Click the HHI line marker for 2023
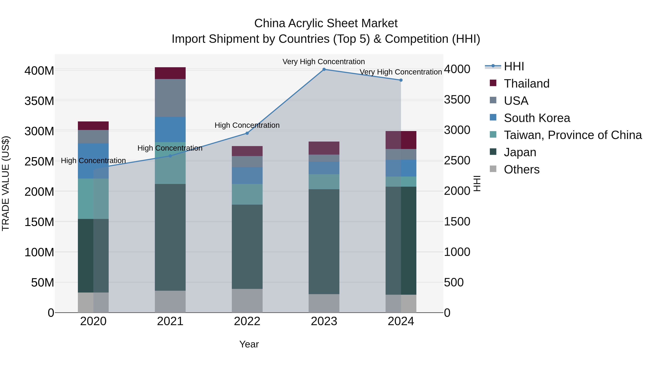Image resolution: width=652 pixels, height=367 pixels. pos(324,69)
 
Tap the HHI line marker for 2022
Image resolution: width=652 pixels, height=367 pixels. pos(247,133)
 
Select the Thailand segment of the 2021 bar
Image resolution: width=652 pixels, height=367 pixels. pos(170,73)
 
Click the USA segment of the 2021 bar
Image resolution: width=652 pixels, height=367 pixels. pos(170,98)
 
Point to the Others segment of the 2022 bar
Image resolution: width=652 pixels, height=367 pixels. pos(247,301)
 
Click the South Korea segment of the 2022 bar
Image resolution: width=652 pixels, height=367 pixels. pos(247,175)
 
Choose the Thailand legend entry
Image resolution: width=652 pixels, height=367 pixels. pos(526,84)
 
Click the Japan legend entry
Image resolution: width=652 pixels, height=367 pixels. pos(520,152)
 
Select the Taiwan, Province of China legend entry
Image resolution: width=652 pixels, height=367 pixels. pos(572,135)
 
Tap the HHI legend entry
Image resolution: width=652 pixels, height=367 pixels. pos(514,66)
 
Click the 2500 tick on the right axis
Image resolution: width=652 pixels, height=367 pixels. pos(457,161)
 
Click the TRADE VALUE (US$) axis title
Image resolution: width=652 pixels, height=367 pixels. pos(6,183)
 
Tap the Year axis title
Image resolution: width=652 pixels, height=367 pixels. pos(249,344)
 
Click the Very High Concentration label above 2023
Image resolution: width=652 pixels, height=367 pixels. pos(323,62)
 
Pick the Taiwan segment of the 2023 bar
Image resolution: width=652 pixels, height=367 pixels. pos(324,182)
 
